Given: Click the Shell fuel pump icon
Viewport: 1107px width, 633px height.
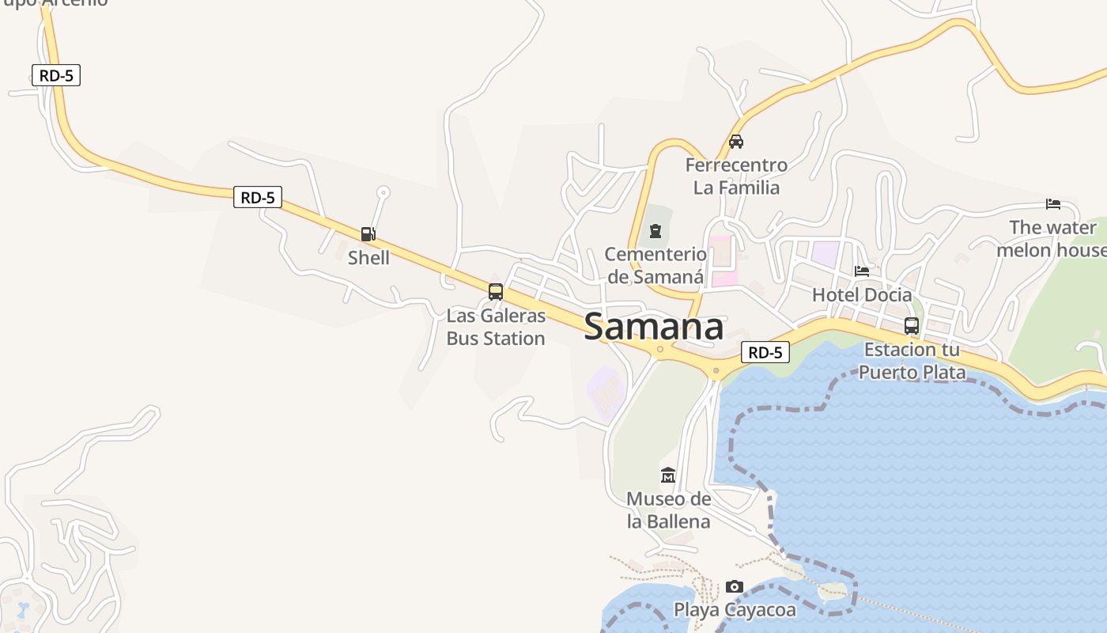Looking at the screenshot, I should pyautogui.click(x=368, y=234).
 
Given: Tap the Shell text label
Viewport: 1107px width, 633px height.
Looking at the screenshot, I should pyautogui.click(x=368, y=258).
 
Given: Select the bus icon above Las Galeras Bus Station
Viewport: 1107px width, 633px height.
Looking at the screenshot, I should pyautogui.click(x=496, y=291).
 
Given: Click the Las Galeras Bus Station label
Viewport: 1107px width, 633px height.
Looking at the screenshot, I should pyautogui.click(x=496, y=327).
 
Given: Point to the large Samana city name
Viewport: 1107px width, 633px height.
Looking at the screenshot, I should pyautogui.click(x=653, y=327).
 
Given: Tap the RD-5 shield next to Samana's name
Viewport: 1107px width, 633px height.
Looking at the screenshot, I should pyautogui.click(x=765, y=352).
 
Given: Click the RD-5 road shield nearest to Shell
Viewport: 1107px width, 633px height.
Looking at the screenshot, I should pyautogui.click(x=258, y=197).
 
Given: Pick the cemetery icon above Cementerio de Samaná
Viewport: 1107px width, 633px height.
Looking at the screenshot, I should pyautogui.click(x=656, y=231).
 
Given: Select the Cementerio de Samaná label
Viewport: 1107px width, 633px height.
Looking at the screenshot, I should pyautogui.click(x=656, y=265).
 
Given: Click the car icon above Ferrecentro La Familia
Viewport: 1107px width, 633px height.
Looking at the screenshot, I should pyautogui.click(x=736, y=142).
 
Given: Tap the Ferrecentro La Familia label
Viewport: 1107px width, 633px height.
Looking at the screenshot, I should pyautogui.click(x=736, y=176).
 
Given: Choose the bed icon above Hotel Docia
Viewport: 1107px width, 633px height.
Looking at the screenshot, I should pyautogui.click(x=862, y=271).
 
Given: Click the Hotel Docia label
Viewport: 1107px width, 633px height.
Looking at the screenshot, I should pyautogui.click(x=862, y=295).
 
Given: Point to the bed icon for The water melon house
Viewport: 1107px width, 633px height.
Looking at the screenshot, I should pyautogui.click(x=1053, y=204).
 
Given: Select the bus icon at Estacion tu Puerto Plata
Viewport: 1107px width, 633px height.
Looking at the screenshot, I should pyautogui.click(x=912, y=325).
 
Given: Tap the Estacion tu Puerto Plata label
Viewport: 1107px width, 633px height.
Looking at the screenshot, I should pyautogui.click(x=912, y=361).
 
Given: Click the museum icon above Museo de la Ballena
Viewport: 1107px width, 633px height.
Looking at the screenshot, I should pyautogui.click(x=668, y=476).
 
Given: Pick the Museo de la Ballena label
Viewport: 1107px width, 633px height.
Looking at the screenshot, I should pyautogui.click(x=668, y=510).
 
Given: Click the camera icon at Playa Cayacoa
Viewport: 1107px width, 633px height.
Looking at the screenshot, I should pyautogui.click(x=735, y=586).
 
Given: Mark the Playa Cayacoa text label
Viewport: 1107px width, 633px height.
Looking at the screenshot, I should pyautogui.click(x=735, y=610).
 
